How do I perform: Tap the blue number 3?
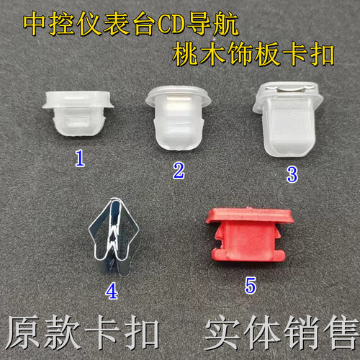(x=292, y=173)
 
